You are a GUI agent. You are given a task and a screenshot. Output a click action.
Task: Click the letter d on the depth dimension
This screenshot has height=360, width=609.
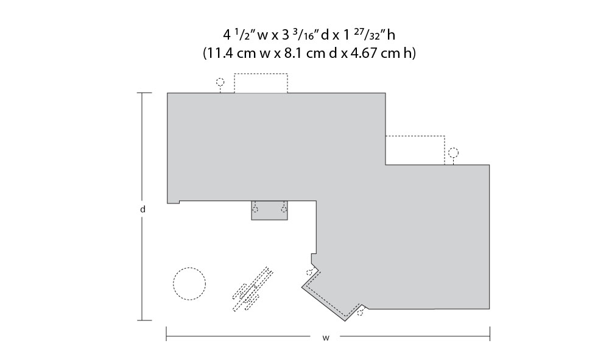[x=143, y=209]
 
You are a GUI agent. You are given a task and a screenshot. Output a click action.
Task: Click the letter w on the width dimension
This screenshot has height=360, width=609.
[x=325, y=338]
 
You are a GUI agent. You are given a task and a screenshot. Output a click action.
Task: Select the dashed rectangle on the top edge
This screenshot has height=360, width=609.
[x=261, y=74]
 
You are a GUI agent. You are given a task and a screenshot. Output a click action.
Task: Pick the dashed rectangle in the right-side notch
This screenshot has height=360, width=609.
[x=415, y=136]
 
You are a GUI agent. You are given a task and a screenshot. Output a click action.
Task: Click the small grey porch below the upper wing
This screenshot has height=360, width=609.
[x=270, y=211]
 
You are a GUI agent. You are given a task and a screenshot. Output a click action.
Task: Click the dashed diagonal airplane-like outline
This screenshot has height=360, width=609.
[x=253, y=289]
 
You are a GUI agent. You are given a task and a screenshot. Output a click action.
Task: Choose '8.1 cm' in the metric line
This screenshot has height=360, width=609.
[x=305, y=53]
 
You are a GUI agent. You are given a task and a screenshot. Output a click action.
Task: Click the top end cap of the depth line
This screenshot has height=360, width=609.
[x=144, y=93]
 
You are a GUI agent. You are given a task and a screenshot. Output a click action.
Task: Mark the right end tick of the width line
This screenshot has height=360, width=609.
[x=490, y=334]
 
